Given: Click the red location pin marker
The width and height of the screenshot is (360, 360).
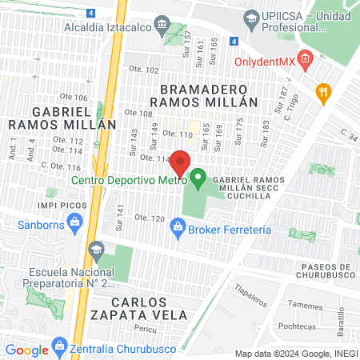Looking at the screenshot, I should (180, 162).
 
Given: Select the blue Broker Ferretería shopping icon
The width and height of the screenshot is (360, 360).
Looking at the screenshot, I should (178, 230).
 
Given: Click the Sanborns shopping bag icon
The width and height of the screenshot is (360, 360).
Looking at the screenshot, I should (75, 229).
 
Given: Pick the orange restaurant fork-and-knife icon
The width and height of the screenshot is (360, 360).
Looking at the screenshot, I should (322, 93).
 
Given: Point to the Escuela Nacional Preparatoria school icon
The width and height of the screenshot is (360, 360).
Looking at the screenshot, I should (98, 250).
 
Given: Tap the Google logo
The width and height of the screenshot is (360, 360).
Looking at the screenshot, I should (26, 350).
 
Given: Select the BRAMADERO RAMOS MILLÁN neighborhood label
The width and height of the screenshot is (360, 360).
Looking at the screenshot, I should (209, 95).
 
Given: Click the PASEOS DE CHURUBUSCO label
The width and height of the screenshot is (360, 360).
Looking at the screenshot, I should (312, 273).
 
